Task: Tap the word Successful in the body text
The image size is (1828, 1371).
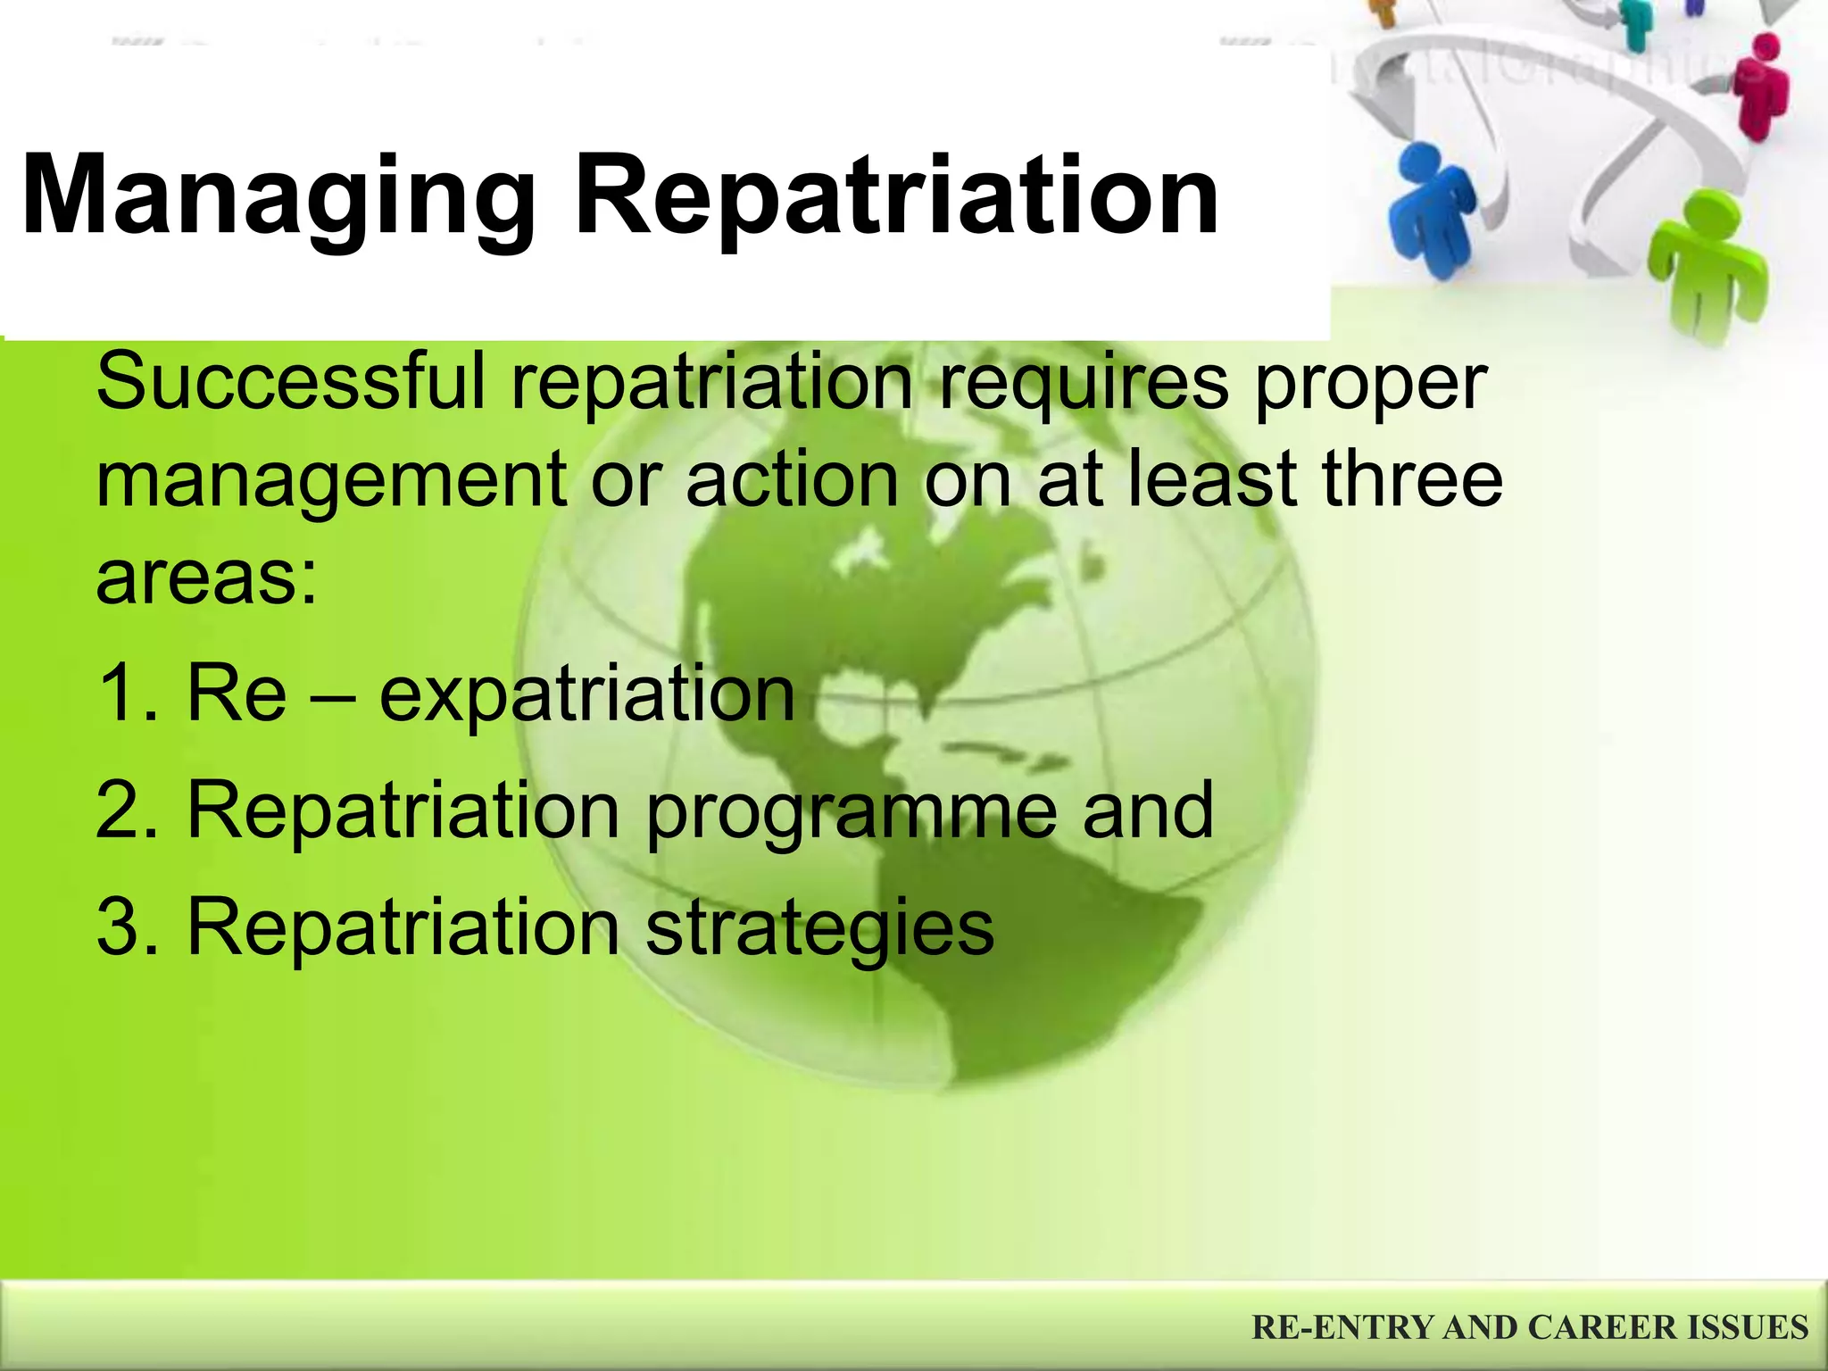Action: click(291, 382)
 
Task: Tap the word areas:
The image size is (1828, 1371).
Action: click(206, 578)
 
